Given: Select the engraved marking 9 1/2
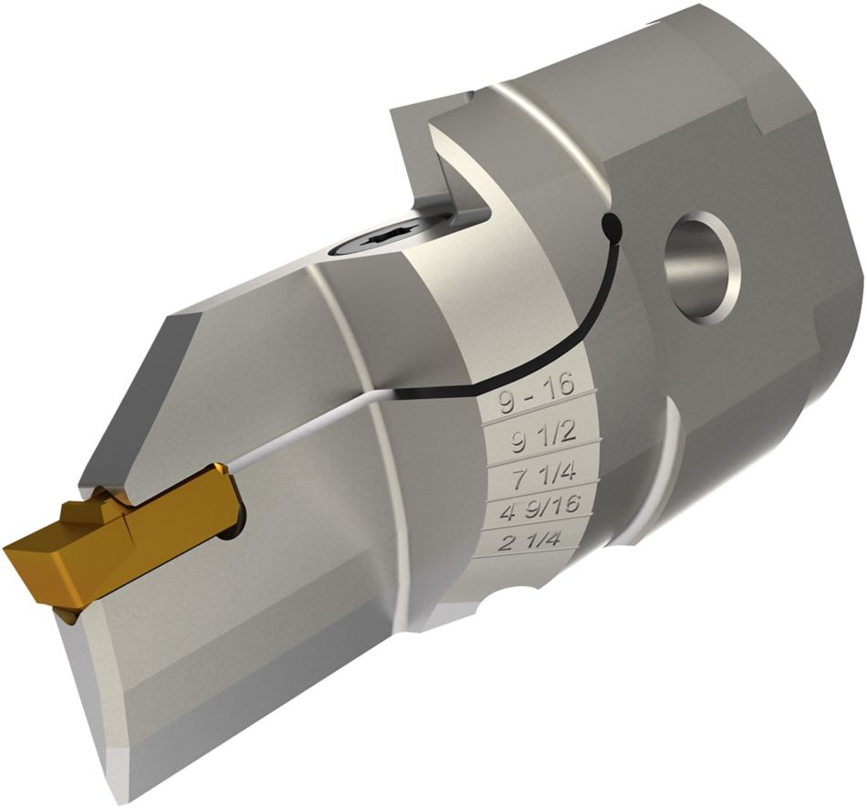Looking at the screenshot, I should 542,439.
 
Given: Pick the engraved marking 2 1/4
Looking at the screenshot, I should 531,541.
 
